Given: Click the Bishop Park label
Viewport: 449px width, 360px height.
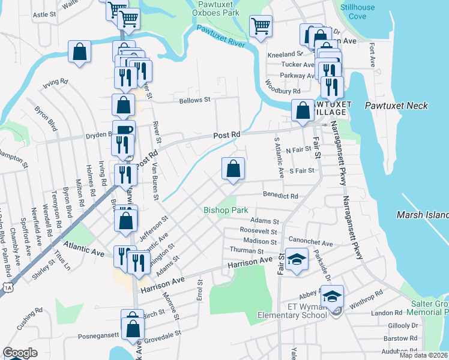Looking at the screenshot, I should (226, 211).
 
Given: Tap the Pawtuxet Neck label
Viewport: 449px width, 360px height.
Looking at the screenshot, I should (396, 106).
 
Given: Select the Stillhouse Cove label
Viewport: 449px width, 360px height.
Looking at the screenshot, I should (357, 12).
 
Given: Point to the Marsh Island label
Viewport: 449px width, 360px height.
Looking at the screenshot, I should (423, 215).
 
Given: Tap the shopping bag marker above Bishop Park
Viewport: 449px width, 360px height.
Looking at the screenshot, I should (233, 169).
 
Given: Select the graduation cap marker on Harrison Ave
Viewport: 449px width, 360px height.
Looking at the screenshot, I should (296, 260).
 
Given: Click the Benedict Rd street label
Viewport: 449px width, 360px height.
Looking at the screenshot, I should (281, 196).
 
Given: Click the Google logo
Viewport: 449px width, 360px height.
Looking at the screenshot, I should (20, 353).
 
